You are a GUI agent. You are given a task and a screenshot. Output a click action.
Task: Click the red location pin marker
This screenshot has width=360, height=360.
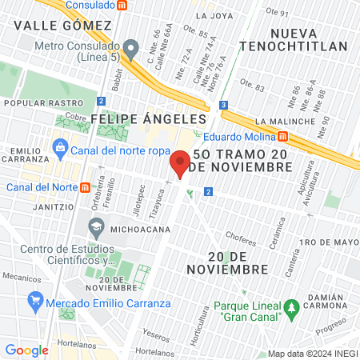coord(180,163)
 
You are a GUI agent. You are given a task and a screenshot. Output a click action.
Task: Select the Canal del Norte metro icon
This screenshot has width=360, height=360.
coord(85,187)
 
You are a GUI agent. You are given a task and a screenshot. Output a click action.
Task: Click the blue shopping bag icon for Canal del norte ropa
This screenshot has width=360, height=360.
coord(58,146)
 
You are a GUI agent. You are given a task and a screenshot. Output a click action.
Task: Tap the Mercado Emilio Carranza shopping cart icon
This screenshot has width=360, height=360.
coord(34,302)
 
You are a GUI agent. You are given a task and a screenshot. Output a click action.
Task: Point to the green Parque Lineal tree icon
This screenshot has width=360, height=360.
coord(292,307)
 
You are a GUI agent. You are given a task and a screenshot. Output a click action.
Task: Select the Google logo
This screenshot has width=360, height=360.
coord(26,350)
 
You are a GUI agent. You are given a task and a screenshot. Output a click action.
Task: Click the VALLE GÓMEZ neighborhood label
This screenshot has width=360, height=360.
coord(62,25)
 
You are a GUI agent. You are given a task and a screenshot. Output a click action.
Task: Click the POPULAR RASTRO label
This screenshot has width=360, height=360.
coord(43,103)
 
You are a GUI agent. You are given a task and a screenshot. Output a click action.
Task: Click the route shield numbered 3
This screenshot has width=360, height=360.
coord(224,105)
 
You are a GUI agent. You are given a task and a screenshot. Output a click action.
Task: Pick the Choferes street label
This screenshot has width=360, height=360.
coord(241,236)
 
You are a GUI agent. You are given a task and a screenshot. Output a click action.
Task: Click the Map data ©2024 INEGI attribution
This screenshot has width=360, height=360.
coord(312,354)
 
